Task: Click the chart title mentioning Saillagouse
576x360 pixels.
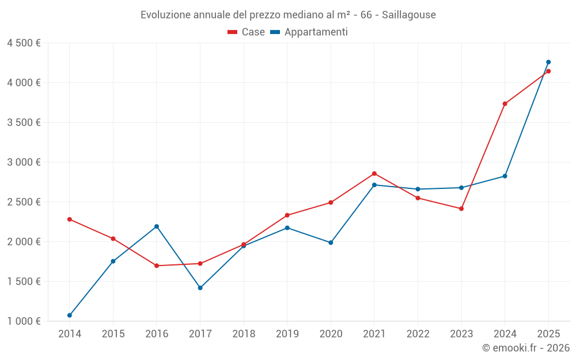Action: (288, 14)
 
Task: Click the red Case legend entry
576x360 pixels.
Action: (247, 32)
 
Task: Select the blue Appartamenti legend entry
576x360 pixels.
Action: (309, 32)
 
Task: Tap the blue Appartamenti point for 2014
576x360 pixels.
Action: (70, 315)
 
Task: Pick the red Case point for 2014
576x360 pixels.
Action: (70, 219)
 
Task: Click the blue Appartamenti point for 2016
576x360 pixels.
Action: (157, 226)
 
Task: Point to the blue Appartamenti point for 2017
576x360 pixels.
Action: (200, 287)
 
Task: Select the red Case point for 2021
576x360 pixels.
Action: (374, 173)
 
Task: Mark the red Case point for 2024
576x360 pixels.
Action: (505, 104)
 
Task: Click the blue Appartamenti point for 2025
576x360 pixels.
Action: (548, 62)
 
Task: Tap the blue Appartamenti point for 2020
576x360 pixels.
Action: (331, 242)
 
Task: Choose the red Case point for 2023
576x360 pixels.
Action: (461, 209)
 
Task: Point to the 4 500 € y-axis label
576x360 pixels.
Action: (24, 43)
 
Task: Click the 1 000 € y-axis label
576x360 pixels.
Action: (24, 321)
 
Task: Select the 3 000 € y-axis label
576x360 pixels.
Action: (24, 162)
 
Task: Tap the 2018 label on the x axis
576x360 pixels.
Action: (244, 334)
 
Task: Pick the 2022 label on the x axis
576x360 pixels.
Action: (418, 334)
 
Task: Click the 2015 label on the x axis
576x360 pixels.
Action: (113, 334)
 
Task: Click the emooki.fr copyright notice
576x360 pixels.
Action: (525, 348)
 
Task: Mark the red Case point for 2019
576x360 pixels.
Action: (287, 215)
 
